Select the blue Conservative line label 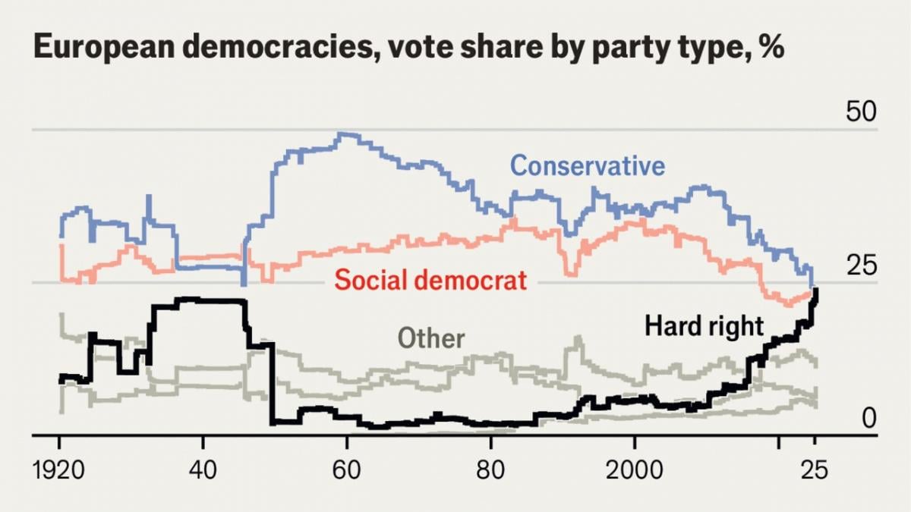coord(587,165)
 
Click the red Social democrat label coord(430,280)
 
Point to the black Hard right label coord(704,326)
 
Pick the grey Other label coord(431,338)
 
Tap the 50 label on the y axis coord(861,112)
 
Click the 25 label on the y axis coord(861,266)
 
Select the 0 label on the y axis coord(868,418)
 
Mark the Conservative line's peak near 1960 coord(344,135)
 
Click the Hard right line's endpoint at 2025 coord(815,290)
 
